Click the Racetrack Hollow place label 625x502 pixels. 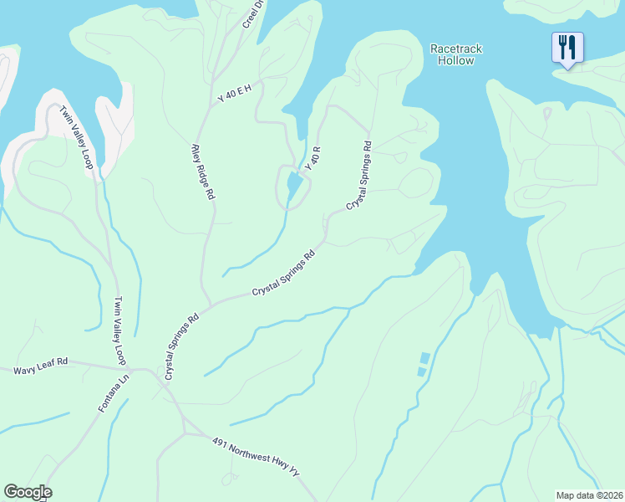click(456, 54)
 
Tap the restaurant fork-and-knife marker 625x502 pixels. click(567, 48)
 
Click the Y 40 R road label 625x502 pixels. click(313, 158)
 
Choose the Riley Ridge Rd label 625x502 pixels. click(204, 170)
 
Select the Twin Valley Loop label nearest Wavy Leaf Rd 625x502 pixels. click(119, 330)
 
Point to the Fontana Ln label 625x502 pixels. click(104, 392)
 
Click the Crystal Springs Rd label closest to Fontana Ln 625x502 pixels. click(182, 346)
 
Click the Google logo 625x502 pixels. click(28, 492)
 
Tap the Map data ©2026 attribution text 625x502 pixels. click(590, 495)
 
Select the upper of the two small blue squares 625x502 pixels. click(424, 358)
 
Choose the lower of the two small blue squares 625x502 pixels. click(422, 371)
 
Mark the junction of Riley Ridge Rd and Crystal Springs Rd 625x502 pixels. click(203, 305)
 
